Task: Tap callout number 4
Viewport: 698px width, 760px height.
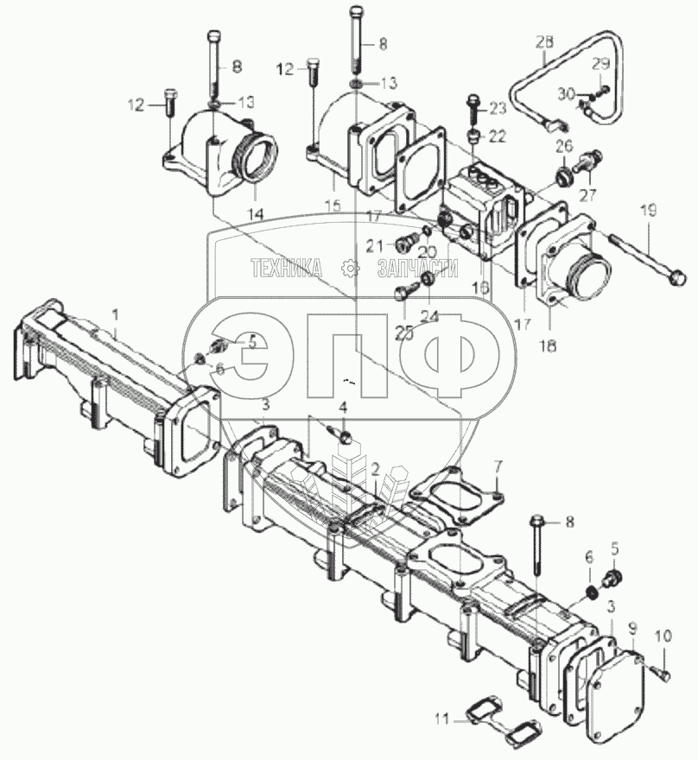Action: (x=343, y=408)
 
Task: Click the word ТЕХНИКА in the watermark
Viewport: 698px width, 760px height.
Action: (x=287, y=269)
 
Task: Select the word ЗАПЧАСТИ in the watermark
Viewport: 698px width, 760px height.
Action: (x=416, y=269)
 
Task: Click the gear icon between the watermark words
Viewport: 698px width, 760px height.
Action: (x=351, y=269)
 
